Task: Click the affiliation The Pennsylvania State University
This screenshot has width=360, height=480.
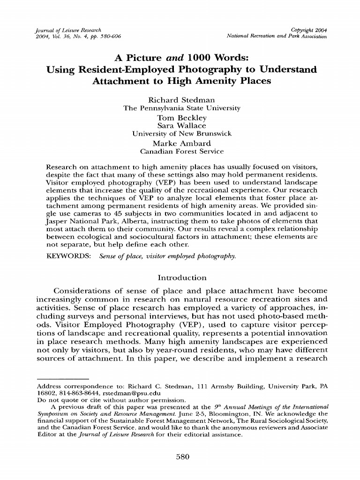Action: click(181, 108)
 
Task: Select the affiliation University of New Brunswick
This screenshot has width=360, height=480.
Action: click(181, 134)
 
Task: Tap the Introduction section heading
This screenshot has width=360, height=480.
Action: click(181, 277)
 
